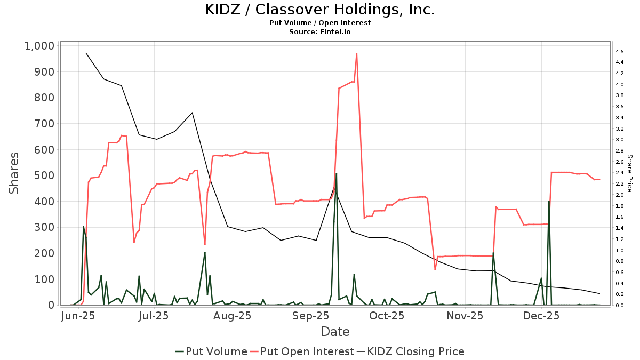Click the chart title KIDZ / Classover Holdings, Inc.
pyautogui.click(x=319, y=10)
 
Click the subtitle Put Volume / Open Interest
pyautogui.click(x=319, y=23)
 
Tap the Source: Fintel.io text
pyautogui.click(x=319, y=32)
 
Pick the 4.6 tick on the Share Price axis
pyautogui.click(x=619, y=51)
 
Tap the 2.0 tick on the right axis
pyautogui.click(x=619, y=195)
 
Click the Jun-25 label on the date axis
pyautogui.click(x=79, y=316)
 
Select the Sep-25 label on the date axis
pyautogui.click(x=310, y=316)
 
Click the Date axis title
pyautogui.click(x=335, y=332)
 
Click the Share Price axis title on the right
pyautogui.click(x=629, y=173)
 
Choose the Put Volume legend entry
pyautogui.click(x=211, y=351)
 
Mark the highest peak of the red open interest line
pyautogui.click(x=356, y=53)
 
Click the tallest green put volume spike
pyautogui.click(x=336, y=174)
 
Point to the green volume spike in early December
pyautogui.click(x=549, y=202)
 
